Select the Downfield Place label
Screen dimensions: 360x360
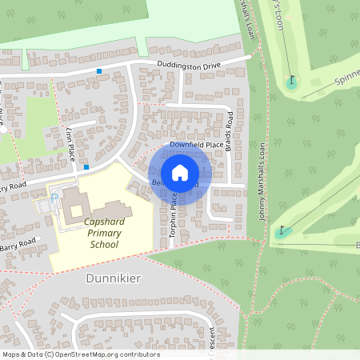(x=196, y=145)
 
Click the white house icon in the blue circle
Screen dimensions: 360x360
(x=180, y=173)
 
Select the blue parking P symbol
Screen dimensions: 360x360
(x=54, y=197)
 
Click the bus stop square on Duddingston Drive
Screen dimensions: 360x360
(x=99, y=71)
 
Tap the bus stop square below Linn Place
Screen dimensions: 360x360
(x=86, y=167)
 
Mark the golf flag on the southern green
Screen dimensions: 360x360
(x=281, y=231)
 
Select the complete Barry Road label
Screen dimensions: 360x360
(x=18, y=242)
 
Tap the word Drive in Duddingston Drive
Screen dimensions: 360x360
(x=228, y=60)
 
